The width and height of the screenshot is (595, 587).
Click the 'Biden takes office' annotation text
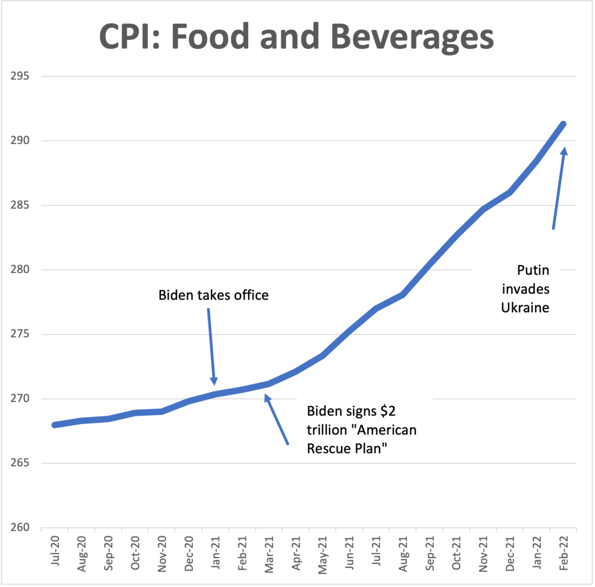[213, 295]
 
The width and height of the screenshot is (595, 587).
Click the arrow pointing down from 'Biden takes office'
[212, 346]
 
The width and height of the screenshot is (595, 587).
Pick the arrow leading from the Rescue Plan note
[277, 420]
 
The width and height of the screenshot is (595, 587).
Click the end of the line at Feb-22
[562, 124]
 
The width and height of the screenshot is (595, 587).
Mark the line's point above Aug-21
[403, 295]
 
